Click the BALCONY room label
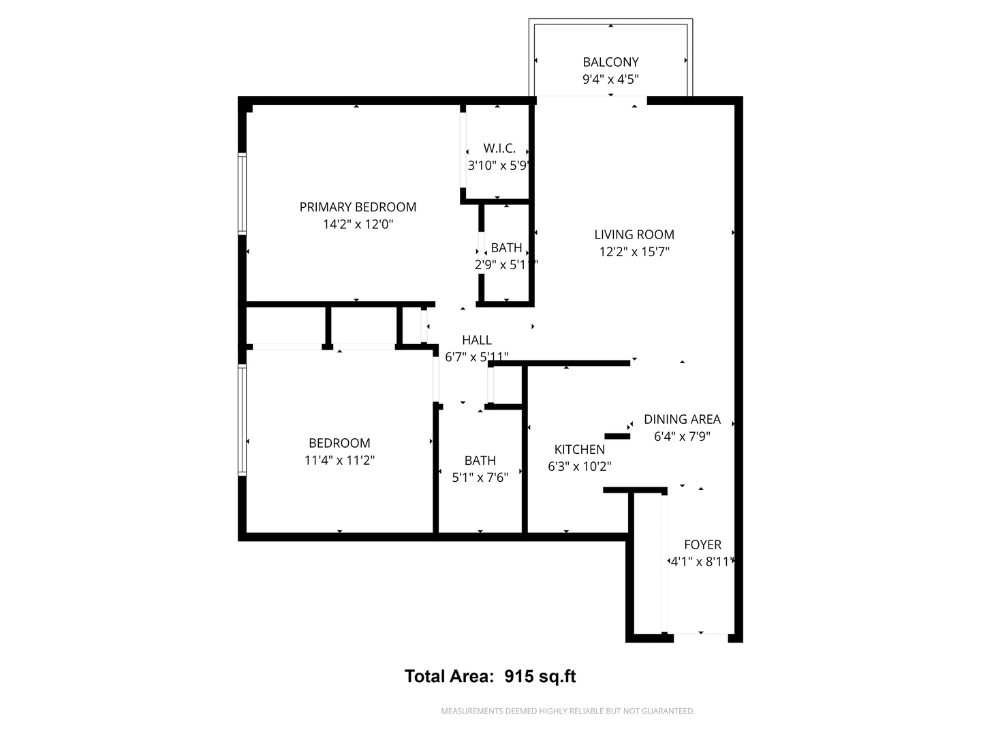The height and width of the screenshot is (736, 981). [x=610, y=62]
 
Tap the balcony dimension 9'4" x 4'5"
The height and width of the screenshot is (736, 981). [x=610, y=79]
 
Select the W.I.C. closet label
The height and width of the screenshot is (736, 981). [x=499, y=148]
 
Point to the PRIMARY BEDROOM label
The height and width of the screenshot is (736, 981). [x=358, y=207]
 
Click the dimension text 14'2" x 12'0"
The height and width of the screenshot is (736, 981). [x=358, y=224]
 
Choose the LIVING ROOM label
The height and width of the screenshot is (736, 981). [x=634, y=234]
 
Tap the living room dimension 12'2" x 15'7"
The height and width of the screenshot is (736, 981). [x=634, y=251]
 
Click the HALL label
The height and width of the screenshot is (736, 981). [x=477, y=340]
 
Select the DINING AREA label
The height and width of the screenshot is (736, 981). [x=682, y=419]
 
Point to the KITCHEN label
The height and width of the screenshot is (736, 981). [x=579, y=449]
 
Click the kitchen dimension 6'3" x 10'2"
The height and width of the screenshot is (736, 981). [x=579, y=467]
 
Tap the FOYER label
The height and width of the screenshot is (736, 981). [x=702, y=545]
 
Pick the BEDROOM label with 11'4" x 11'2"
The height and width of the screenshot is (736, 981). [x=339, y=443]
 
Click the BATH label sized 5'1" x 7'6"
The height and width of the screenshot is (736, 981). [x=480, y=461]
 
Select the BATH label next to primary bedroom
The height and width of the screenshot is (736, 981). [x=507, y=248]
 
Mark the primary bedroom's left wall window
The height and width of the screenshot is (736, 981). [x=242, y=194]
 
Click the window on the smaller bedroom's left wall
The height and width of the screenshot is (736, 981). [x=242, y=420]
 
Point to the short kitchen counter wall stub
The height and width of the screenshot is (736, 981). [x=617, y=435]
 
